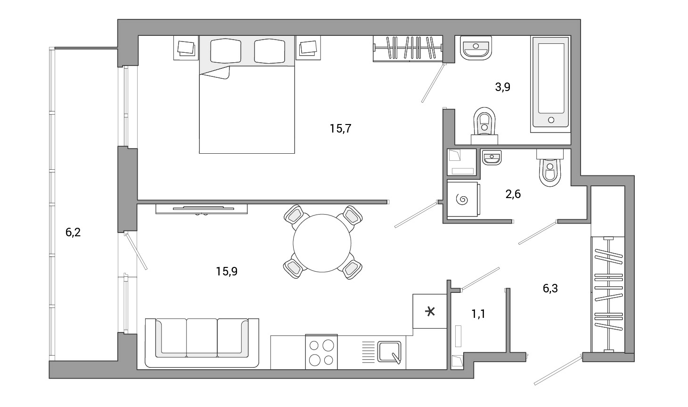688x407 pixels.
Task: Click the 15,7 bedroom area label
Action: (x=340, y=128)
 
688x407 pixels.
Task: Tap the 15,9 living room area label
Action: (x=227, y=271)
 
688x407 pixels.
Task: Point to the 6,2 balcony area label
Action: (x=73, y=232)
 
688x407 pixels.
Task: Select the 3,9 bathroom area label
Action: (x=502, y=87)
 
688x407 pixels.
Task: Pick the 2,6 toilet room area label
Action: (x=513, y=194)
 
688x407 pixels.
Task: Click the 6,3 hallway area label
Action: (x=550, y=288)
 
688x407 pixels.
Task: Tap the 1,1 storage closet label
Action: (x=478, y=314)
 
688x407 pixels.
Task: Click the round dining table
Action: (x=322, y=243)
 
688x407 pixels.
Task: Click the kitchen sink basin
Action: (x=389, y=352)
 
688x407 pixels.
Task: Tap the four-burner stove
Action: (x=321, y=352)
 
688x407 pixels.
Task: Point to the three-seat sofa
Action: (x=202, y=343)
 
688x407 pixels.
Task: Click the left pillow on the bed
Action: (x=225, y=51)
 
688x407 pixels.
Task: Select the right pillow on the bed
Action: (x=270, y=51)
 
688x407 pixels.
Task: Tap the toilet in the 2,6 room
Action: (x=550, y=168)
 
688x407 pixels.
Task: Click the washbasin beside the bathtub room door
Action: (x=476, y=48)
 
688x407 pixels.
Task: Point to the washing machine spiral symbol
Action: (x=462, y=200)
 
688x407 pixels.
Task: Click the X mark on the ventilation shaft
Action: (x=430, y=312)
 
